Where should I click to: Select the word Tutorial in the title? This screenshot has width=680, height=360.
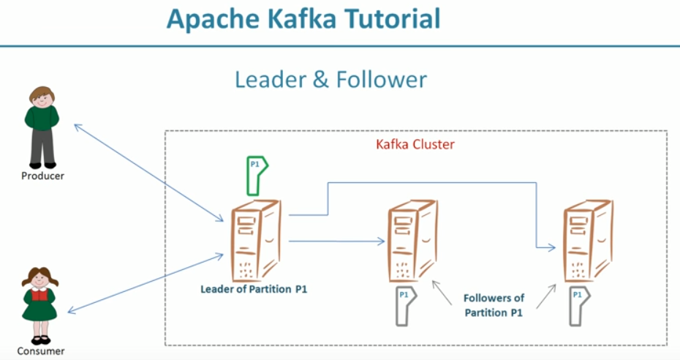pos(390,18)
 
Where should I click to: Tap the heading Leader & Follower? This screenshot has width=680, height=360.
pos(330,79)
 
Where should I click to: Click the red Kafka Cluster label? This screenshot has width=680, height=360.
pos(415,144)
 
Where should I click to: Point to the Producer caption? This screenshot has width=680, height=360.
pos(42,176)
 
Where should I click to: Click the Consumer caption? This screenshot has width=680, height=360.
pos(42,351)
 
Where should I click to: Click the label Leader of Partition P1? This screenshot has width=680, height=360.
pos(254,289)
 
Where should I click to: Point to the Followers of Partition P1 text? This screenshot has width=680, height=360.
pos(494,306)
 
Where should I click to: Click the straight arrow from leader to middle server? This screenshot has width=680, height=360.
pos(336,240)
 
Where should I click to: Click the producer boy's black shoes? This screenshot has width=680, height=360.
pos(42,164)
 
